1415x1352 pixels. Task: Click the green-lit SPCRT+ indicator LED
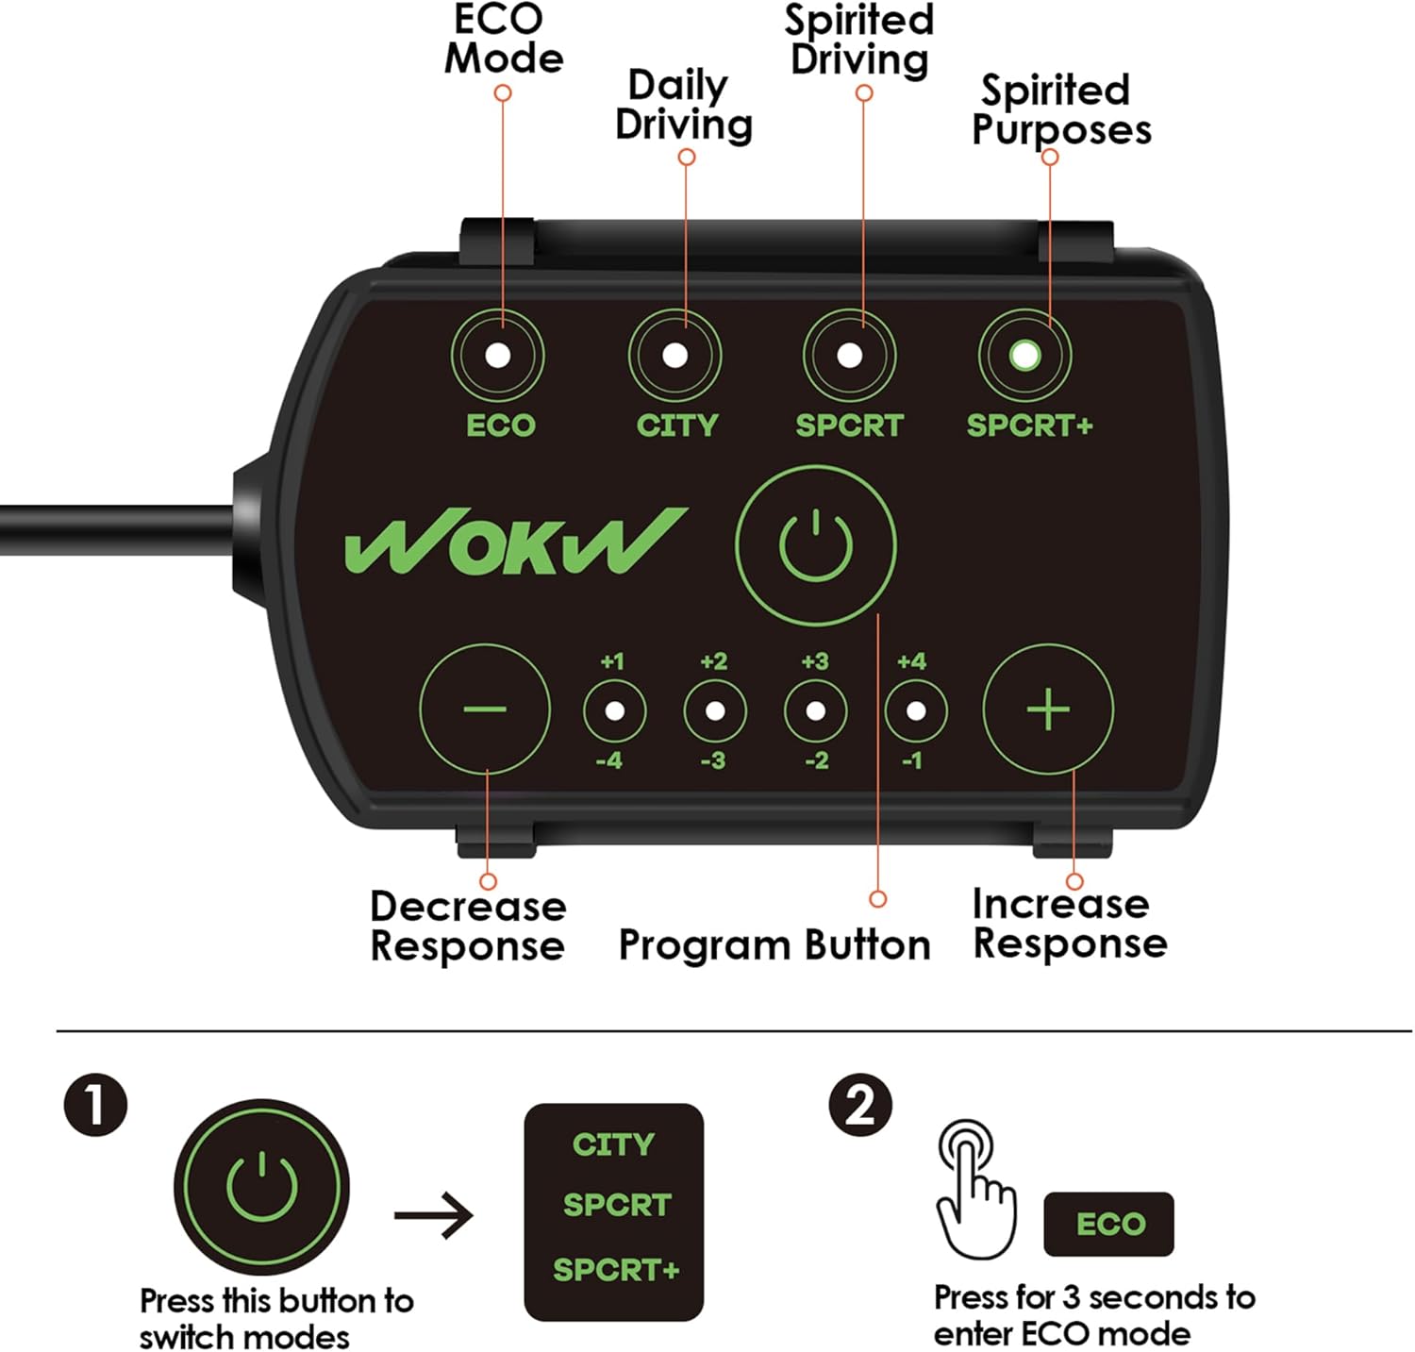coord(1024,356)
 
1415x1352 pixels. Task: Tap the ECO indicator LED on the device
coord(497,356)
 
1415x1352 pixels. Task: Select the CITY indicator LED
coord(674,356)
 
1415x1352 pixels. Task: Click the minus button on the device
coord(485,709)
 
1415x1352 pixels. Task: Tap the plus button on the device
coord(1048,709)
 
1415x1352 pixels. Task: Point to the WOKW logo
coord(515,542)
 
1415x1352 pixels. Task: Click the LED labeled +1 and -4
coord(614,710)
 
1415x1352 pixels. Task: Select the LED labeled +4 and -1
coord(915,710)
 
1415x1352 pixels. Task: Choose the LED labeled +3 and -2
coord(815,710)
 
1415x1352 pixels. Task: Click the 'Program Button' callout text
coord(774,944)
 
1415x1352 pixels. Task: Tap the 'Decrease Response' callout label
coord(468,926)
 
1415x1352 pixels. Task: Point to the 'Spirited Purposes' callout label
coord(1060,109)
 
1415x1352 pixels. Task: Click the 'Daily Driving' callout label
coord(683,105)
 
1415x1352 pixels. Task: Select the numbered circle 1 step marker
coord(95,1105)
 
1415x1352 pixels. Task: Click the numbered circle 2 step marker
coord(859,1105)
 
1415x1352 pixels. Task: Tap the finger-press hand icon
coord(974,1188)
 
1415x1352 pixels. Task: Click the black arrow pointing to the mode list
coord(434,1214)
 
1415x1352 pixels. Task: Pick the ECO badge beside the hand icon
coord(1108,1224)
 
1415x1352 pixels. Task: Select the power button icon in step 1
coord(261,1186)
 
